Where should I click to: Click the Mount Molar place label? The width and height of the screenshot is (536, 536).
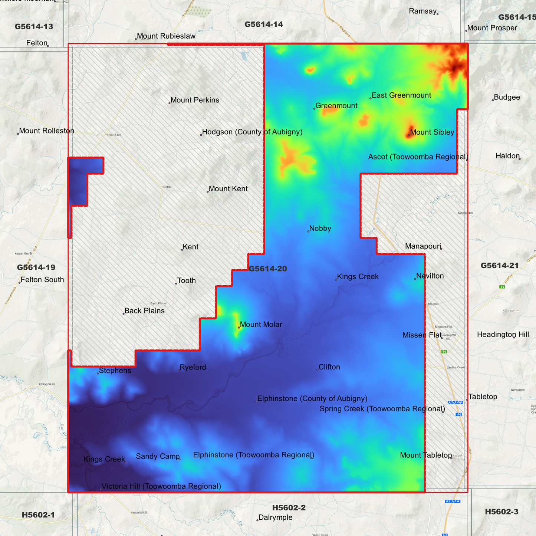point(261,325)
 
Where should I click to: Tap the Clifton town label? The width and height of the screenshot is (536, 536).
point(329,367)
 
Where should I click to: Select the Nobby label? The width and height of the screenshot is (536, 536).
point(320,228)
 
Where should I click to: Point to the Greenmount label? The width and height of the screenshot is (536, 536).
point(336,106)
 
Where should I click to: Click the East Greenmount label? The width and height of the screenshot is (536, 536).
point(401,95)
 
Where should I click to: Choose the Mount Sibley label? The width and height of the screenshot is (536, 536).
point(432,132)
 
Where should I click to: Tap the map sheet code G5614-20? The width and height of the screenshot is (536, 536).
point(267,269)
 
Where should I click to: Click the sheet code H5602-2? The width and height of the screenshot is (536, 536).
point(289,508)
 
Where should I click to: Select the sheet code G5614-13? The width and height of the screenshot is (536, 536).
point(34,27)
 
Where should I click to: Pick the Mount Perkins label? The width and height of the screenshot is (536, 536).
point(195,100)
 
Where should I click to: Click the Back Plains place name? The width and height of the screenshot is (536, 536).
point(144,311)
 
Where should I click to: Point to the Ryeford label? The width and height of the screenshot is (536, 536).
point(193,367)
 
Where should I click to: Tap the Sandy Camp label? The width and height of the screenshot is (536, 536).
point(158,456)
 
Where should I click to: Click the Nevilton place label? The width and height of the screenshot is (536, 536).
point(430,276)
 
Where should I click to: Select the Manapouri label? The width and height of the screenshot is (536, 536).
point(423,246)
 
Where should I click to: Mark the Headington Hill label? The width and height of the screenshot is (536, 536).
point(503,335)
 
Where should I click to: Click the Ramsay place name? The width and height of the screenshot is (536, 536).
point(422,11)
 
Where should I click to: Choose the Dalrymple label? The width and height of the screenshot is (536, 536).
point(275,517)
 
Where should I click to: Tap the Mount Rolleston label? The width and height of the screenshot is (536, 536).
point(46,131)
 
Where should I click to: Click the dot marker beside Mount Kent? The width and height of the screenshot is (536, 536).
point(208,192)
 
